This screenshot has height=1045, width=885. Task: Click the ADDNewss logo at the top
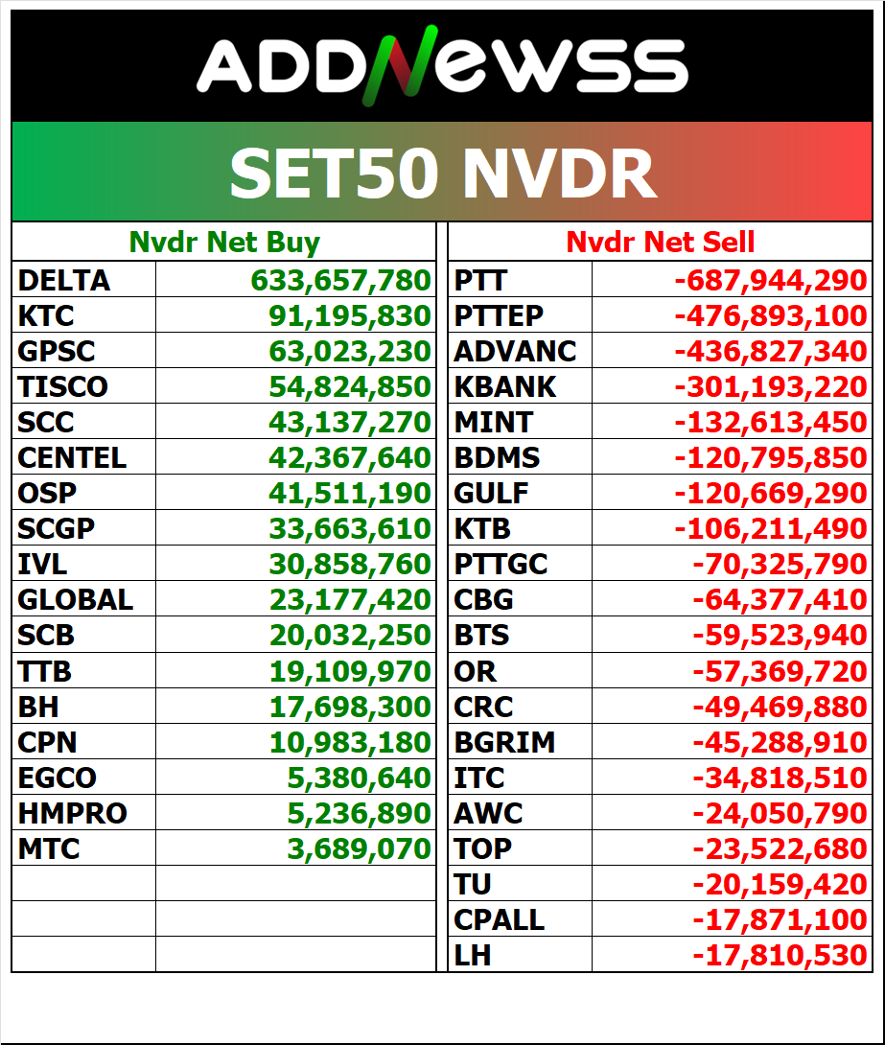[442, 68]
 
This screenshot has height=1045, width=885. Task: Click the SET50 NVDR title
[442, 174]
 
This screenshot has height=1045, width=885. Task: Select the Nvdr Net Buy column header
[224, 243]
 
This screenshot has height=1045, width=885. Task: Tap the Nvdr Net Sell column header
[660, 243]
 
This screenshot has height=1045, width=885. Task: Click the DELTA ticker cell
[64, 281]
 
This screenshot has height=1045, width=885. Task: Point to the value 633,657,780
[340, 281]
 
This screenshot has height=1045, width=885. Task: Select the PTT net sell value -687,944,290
[771, 281]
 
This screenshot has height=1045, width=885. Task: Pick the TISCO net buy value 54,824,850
[350, 387]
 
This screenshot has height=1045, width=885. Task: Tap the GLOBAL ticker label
[75, 600]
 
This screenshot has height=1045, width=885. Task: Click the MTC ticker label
[49, 848]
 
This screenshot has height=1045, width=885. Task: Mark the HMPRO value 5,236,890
[360, 813]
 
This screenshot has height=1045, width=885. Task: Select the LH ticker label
[473, 955]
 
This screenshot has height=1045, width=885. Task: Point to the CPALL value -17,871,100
[780, 919]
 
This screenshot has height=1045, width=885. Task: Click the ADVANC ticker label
[515, 352]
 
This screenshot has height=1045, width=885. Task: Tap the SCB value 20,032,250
[350, 636]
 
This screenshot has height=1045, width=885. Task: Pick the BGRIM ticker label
[504, 742]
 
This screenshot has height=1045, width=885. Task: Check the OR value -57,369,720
[780, 671]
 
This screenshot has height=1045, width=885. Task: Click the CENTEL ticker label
[72, 458]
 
